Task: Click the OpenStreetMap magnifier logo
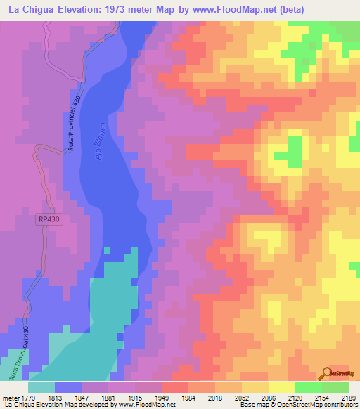[x=328, y=374]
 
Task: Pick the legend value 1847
[x=101, y=398]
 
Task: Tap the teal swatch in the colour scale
[x=41, y=387]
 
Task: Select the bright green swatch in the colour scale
[x=308, y=387]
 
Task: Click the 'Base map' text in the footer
[x=253, y=405]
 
